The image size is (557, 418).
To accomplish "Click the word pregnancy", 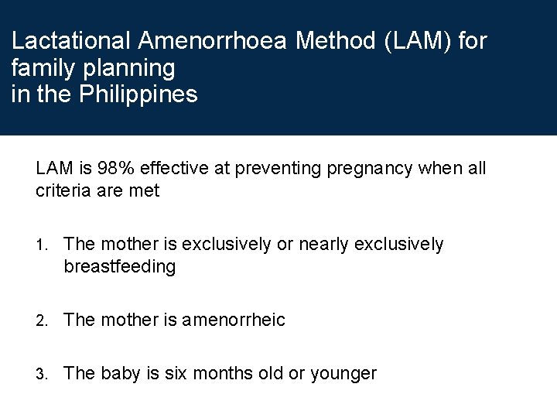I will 369,169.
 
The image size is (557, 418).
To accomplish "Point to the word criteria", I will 61,191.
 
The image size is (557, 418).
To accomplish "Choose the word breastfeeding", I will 120,267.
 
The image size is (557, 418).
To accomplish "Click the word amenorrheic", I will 234,320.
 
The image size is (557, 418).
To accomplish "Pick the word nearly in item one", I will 323,245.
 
